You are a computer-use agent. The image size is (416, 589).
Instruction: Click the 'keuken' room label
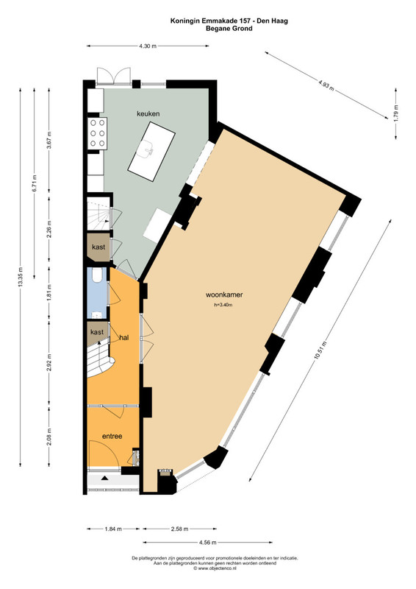coord(148,113)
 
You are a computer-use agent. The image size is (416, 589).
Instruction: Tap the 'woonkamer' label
coord(224,295)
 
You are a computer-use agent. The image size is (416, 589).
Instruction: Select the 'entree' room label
coord(112,436)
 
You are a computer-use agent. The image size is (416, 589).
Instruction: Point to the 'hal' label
coord(124,338)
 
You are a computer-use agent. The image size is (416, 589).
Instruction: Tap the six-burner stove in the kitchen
coord(97,133)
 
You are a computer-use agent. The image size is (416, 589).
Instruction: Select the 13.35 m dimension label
coord(21,278)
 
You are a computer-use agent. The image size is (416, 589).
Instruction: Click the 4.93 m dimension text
coord(326,85)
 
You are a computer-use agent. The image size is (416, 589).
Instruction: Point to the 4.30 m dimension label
coord(148,46)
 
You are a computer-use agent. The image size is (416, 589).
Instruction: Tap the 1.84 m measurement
coord(113,529)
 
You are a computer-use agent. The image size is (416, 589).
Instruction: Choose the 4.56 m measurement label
coord(207,542)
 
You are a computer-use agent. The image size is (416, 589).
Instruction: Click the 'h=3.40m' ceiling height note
coord(223,305)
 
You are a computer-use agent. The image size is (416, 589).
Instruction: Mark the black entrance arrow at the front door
coord(104,478)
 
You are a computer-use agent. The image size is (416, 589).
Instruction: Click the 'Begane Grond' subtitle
coord(229,28)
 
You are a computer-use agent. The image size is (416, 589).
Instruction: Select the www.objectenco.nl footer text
coord(215,568)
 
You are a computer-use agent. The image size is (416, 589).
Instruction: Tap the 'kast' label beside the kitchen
coord(98,247)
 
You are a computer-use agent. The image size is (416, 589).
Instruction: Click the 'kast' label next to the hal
coord(97,332)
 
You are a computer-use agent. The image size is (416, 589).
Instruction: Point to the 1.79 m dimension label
coord(396,113)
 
